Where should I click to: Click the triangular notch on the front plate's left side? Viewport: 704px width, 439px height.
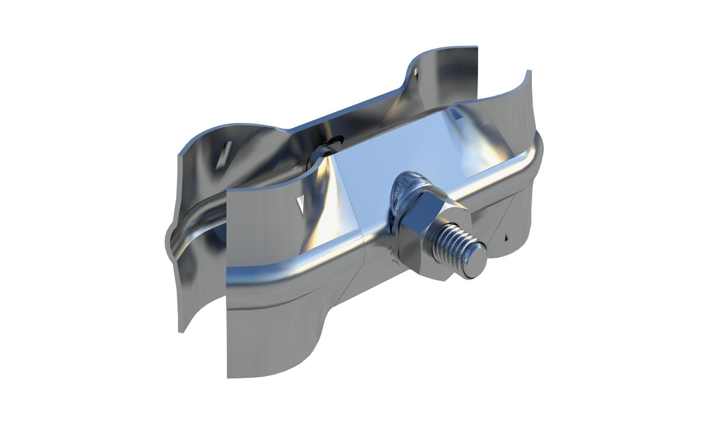point(299,202)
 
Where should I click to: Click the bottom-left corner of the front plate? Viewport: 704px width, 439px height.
point(227,377)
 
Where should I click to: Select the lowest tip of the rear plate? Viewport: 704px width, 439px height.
point(181,331)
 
